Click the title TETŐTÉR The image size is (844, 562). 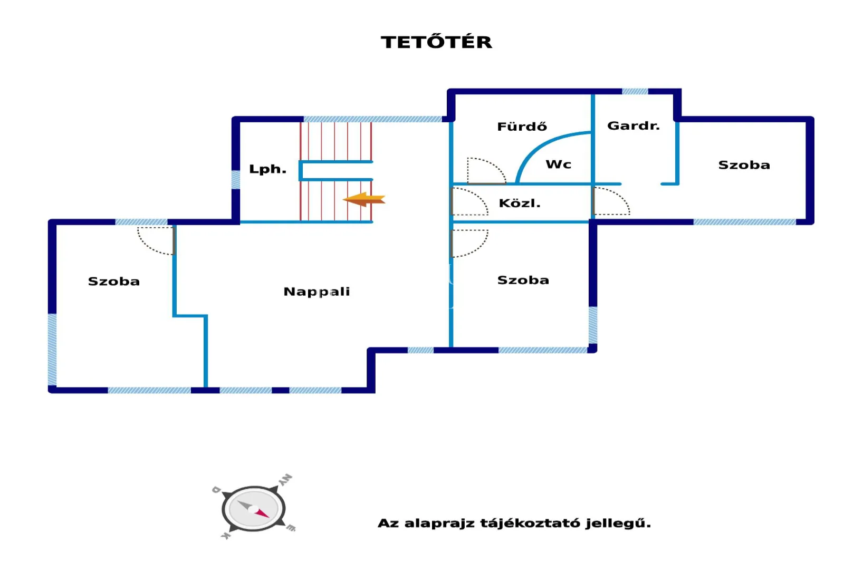pos(436,42)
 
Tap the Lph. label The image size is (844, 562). pos(267,169)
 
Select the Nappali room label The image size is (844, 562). pos(316,292)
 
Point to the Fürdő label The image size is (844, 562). pos(522,127)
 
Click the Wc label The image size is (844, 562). pos(558,164)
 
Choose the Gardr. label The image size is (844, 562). pos(633,125)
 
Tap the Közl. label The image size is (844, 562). pos(520,204)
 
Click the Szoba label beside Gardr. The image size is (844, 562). pos(744,165)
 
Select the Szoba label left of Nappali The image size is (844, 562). pos(114,282)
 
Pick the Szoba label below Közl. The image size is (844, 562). pos(523,280)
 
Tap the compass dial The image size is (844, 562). pos(253,509)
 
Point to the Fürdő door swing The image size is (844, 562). pos(485,170)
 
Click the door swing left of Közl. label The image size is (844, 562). pos(469,201)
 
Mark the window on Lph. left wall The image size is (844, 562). pos(236,179)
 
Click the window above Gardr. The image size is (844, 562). pos(635,91)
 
